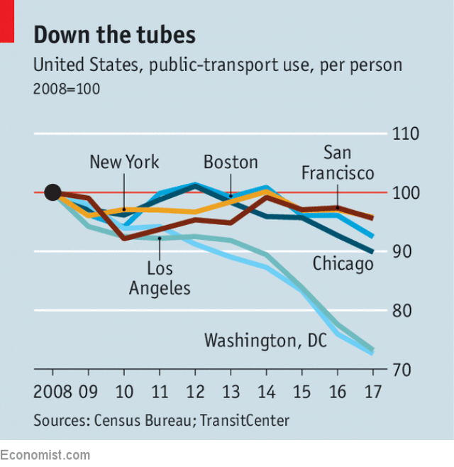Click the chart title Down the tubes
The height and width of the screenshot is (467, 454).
[x=114, y=35]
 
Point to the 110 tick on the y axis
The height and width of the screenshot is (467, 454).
[x=406, y=134]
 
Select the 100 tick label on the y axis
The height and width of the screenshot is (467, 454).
[x=406, y=193]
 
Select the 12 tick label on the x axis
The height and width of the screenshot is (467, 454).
[x=195, y=392]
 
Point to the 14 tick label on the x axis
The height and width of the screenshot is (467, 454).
[x=266, y=392]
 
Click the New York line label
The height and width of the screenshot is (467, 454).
[x=124, y=163]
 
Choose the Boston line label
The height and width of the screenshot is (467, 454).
[x=231, y=163]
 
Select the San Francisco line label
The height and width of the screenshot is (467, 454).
[x=338, y=163]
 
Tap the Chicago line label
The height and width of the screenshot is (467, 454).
[x=343, y=265]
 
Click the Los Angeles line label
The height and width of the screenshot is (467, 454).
[x=160, y=278]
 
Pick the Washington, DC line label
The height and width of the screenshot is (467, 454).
[x=265, y=341]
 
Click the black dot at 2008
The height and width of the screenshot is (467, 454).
[x=52, y=192]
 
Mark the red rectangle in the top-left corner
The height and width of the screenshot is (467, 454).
[x=7, y=20]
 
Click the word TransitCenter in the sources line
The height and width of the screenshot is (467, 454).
[x=245, y=420]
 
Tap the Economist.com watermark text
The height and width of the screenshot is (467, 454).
[x=45, y=454]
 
